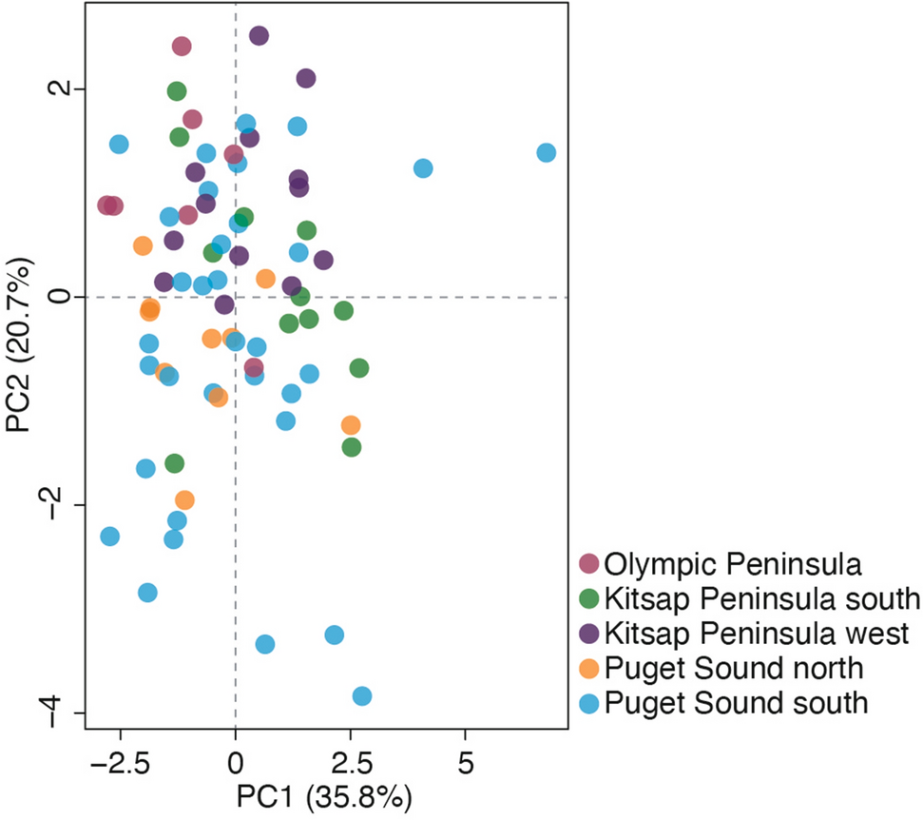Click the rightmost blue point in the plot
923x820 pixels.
(546, 152)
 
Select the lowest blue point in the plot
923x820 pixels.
(361, 696)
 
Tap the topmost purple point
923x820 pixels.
(259, 35)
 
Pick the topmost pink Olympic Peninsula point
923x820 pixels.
(182, 46)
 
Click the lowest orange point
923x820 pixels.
(184, 499)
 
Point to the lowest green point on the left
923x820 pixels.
(174, 463)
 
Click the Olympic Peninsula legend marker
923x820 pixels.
(589, 565)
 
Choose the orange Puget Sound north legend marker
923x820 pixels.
(589, 668)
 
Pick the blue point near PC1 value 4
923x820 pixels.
(423, 168)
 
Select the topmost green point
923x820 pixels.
(177, 91)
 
